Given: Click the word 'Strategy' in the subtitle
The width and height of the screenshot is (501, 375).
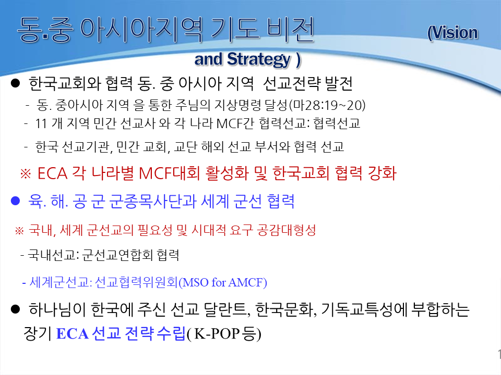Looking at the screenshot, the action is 259,59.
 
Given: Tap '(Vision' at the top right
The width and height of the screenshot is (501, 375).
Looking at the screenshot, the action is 453,33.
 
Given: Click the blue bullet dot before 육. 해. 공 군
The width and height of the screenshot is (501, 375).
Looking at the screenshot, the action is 15,201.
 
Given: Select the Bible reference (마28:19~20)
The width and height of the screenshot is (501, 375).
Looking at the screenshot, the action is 327,105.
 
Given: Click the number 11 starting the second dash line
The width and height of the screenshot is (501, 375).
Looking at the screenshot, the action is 41,124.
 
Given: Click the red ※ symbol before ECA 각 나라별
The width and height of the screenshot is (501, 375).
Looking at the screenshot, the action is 26,174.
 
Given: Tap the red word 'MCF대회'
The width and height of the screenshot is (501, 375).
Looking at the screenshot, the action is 169,173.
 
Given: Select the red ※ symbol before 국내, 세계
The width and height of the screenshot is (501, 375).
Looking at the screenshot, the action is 19,231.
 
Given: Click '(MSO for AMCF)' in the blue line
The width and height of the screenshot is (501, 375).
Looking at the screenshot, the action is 223,282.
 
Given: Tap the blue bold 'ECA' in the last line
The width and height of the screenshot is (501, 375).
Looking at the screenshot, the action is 72,334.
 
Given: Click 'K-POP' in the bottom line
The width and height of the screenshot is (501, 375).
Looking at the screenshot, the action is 217,334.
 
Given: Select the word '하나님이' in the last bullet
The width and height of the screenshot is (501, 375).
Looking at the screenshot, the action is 57,309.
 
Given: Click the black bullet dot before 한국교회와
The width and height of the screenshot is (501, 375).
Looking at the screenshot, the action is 15,83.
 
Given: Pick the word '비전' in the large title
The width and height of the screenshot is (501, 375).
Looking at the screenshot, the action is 291,30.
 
